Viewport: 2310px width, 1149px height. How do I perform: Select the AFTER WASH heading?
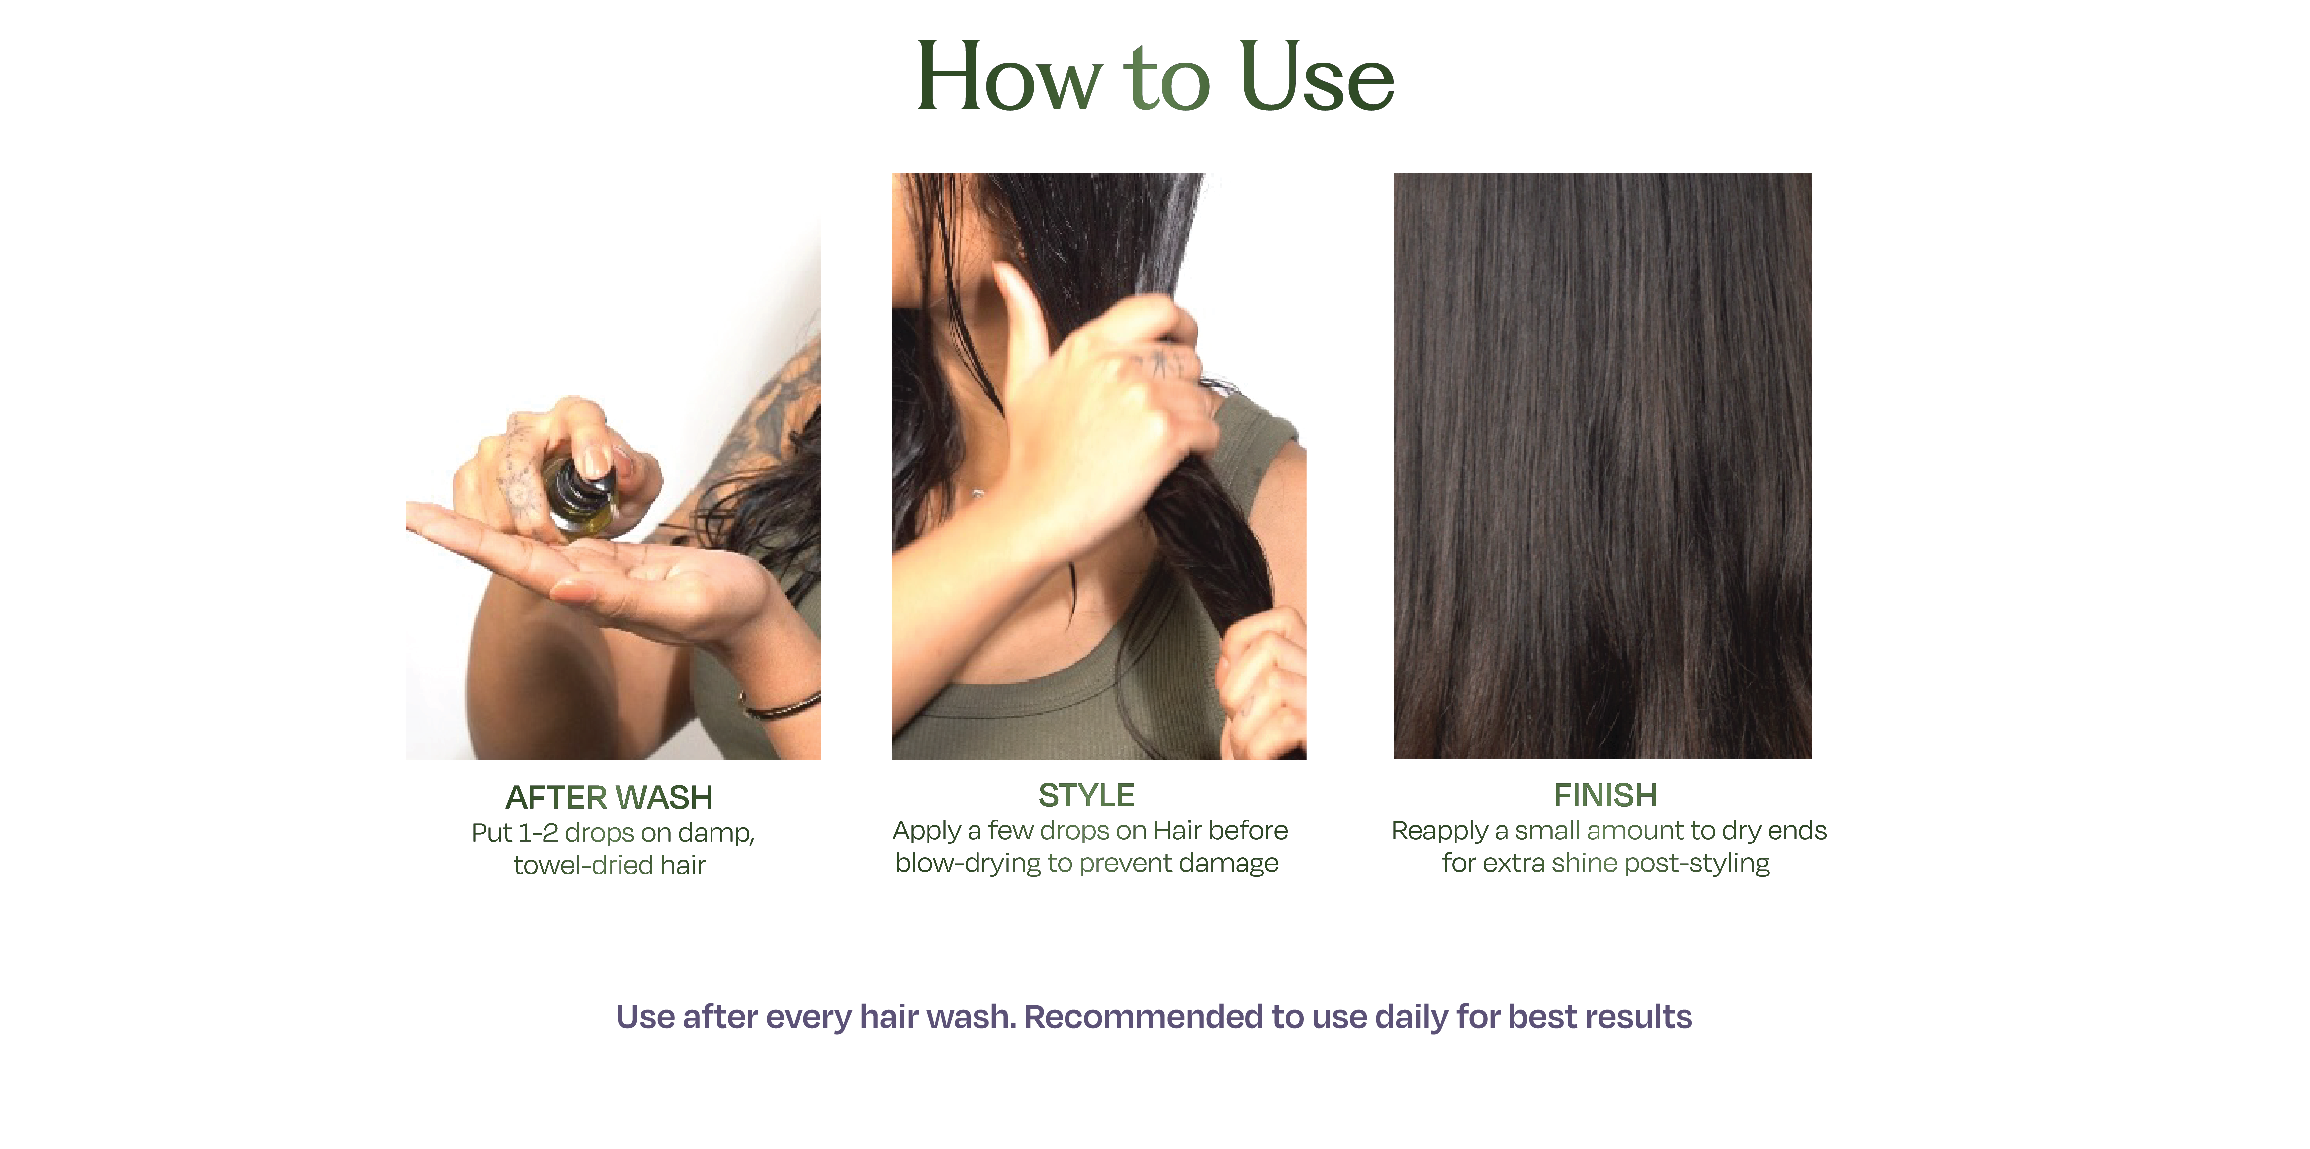[x=609, y=797]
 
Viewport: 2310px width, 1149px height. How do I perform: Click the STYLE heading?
[x=1086, y=795]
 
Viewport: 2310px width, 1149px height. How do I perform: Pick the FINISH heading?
[x=1605, y=795]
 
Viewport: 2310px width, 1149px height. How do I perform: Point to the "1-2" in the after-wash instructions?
[x=538, y=833]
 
